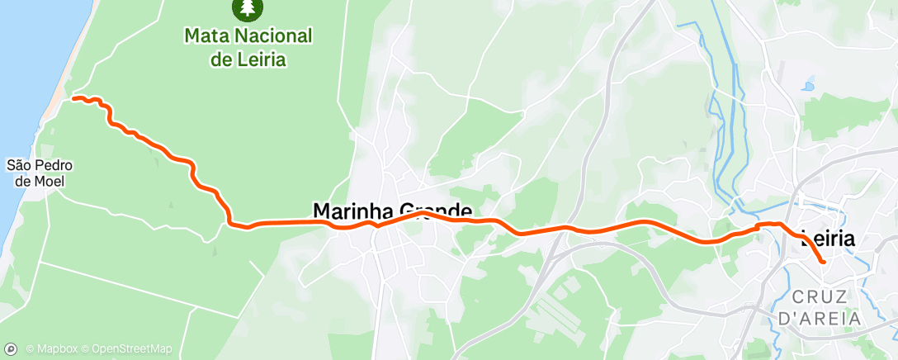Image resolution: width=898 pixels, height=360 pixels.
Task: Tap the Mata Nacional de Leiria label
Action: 248,48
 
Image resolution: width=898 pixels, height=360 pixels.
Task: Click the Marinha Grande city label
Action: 392,211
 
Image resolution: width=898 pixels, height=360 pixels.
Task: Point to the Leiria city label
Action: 828,239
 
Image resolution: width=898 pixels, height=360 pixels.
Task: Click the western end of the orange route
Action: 74,98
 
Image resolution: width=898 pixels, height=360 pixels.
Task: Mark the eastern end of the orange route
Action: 823,262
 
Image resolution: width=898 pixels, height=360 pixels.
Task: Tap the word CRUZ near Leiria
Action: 821,296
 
